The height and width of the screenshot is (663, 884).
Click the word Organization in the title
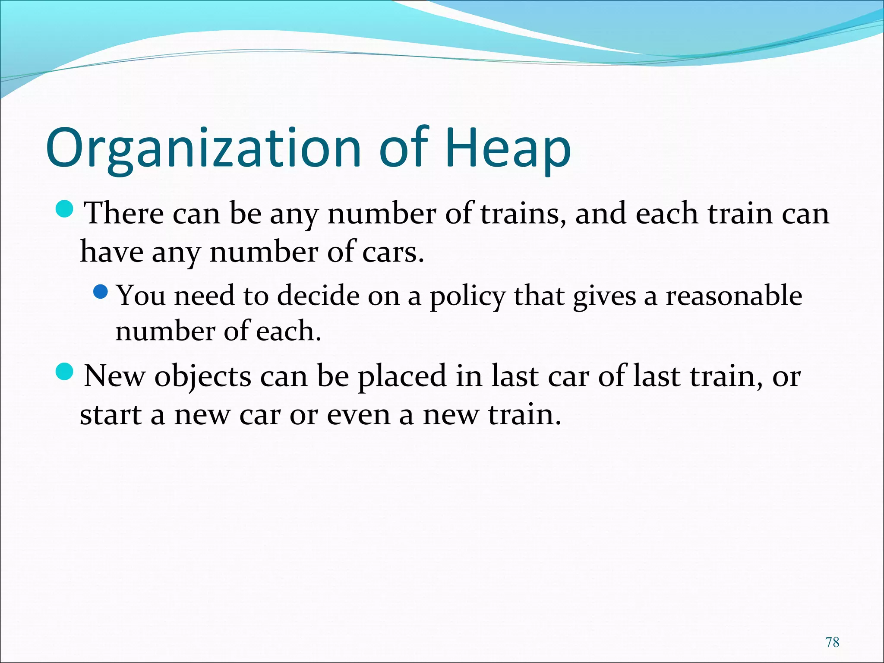tap(203, 149)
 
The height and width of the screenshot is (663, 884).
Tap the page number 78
tap(832, 642)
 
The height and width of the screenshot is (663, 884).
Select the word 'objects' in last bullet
tap(203, 376)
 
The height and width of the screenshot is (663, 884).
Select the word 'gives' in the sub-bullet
tap(604, 297)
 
